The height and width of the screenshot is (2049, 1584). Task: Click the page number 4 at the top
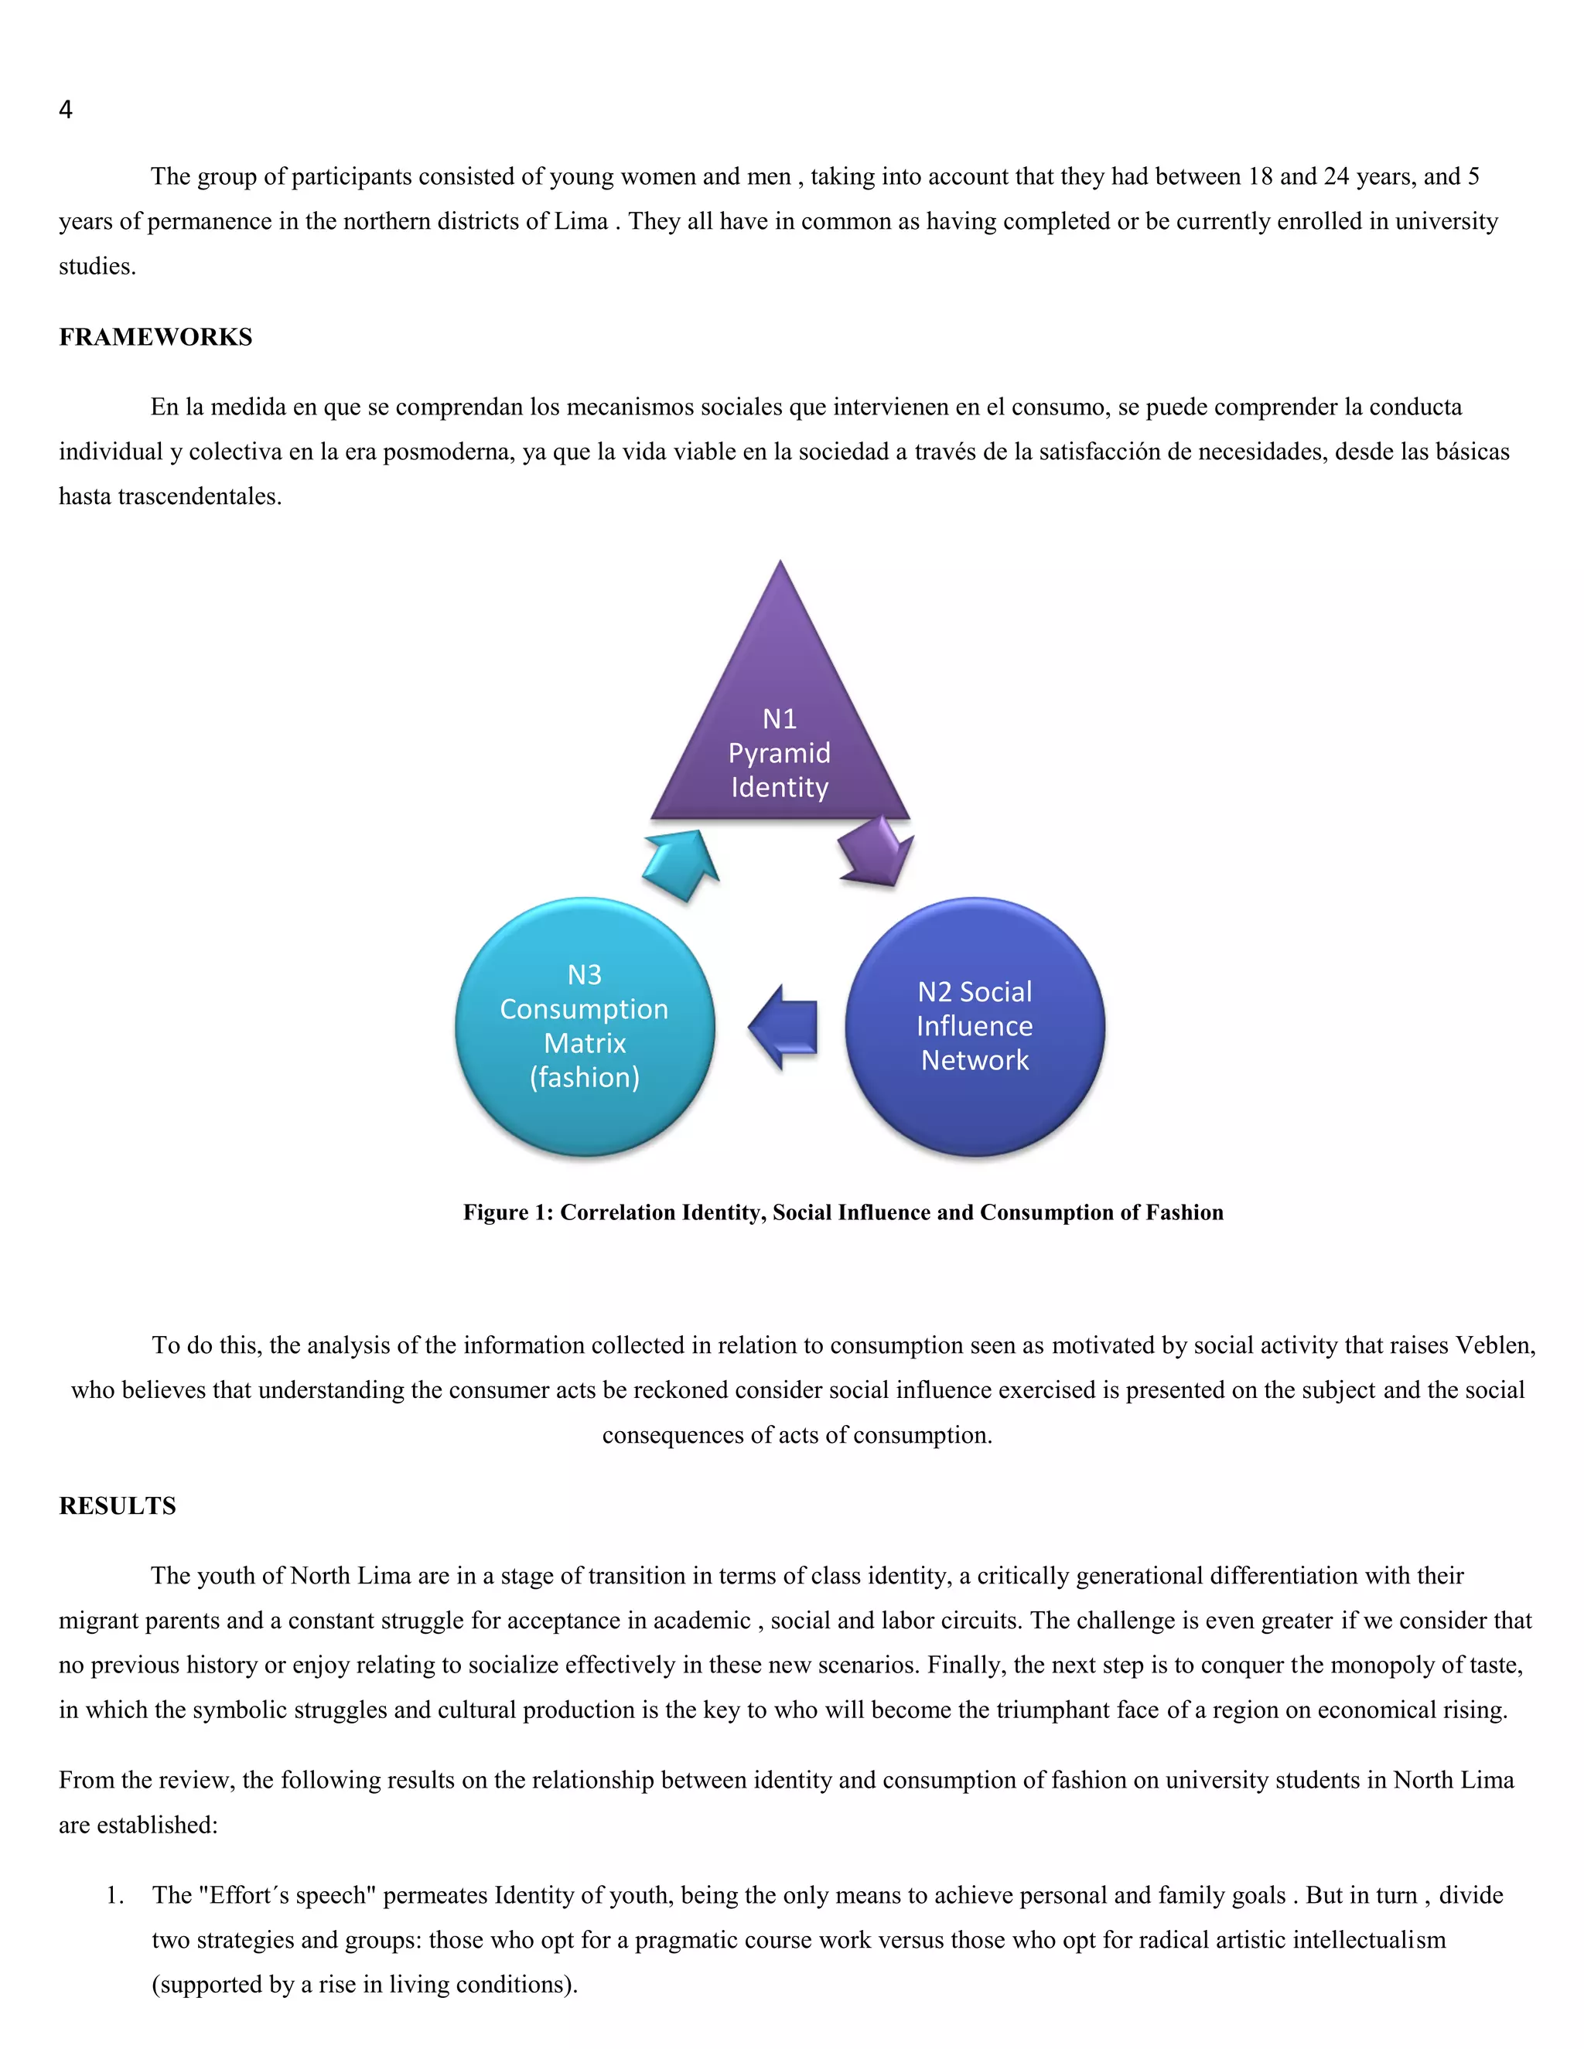[66, 110]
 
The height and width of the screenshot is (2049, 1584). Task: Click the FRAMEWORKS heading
[155, 337]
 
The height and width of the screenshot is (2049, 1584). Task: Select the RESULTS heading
[118, 1505]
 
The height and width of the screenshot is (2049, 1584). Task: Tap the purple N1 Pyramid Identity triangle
[780, 731]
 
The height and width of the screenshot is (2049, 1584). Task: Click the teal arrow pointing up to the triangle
[683, 863]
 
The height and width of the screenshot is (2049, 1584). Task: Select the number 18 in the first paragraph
[1259, 176]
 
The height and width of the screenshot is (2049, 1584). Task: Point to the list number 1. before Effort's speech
[114, 1895]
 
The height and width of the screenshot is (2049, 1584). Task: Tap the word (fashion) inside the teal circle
[585, 1077]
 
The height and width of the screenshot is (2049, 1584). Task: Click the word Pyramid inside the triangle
[779, 753]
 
